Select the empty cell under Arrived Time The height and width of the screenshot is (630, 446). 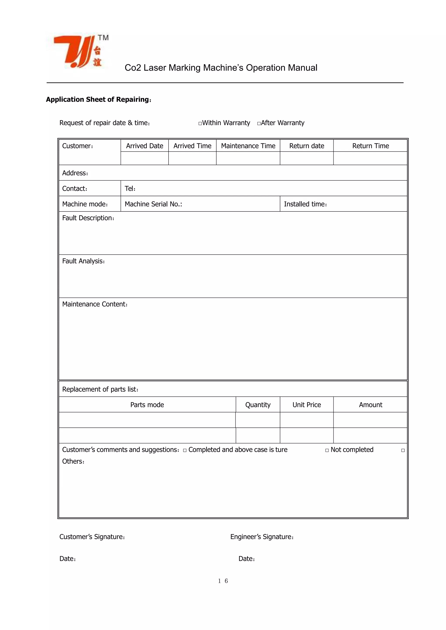[192, 158]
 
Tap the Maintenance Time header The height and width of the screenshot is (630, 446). [248, 146]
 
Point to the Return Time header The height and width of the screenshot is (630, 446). [370, 146]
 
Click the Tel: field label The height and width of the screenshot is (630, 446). [130, 189]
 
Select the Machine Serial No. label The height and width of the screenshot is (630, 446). [153, 204]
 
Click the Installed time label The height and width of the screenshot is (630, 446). [305, 204]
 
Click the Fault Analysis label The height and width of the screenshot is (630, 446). [83, 261]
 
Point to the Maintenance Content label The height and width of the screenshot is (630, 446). [95, 304]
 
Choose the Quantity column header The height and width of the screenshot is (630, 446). [258, 405]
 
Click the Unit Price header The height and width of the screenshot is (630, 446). [306, 405]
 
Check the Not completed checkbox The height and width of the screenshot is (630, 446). [327, 450]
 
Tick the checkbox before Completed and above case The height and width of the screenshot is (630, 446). [185, 450]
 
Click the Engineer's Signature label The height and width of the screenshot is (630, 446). [262, 537]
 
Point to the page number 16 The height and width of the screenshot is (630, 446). [223, 581]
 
